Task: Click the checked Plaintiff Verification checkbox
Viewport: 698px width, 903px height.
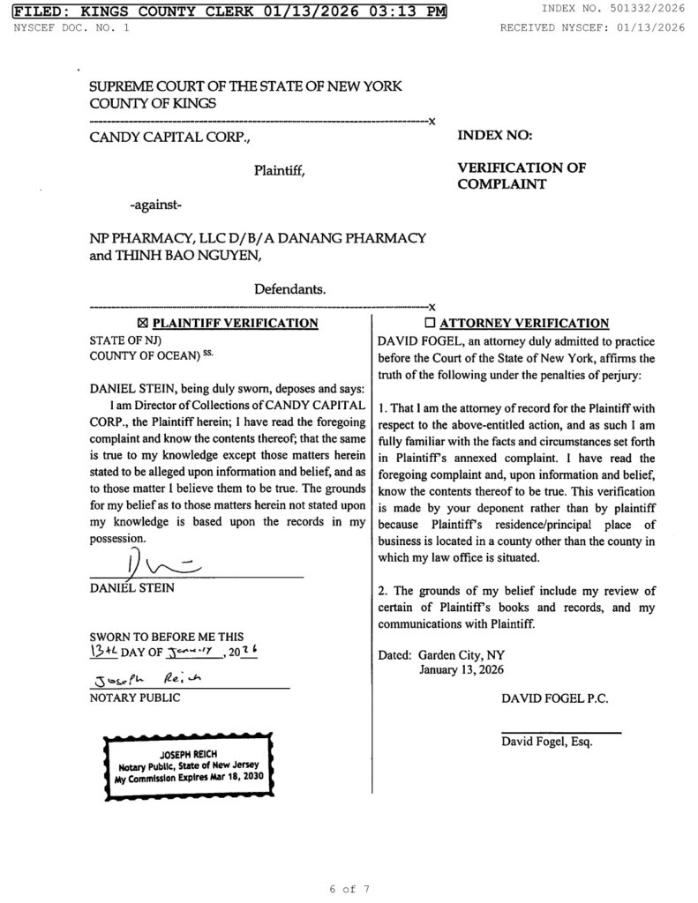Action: pos(144,323)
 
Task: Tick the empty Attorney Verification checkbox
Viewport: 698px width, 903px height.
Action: pos(431,323)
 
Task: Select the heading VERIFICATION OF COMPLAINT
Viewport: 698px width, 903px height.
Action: pos(521,175)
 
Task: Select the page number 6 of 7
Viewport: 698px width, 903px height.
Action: pos(349,889)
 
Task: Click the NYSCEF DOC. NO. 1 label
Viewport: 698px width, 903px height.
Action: pos(71,27)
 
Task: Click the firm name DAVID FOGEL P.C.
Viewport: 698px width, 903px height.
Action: pos(554,698)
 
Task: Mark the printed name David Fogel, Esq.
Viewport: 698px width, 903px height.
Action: pos(547,742)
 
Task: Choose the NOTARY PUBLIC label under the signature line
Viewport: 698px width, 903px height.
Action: pos(135,698)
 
